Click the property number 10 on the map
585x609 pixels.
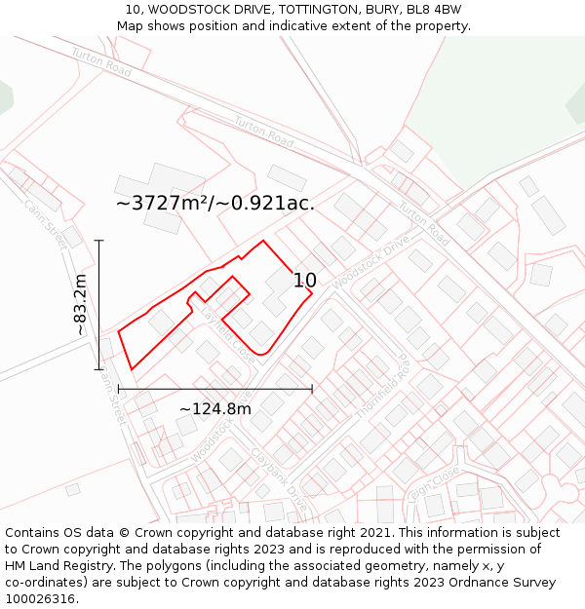[304, 281]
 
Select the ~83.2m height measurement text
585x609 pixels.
[81, 305]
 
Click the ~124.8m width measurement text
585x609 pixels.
[214, 408]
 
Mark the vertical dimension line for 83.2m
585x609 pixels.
[98, 304]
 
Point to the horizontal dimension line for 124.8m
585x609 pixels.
[214, 389]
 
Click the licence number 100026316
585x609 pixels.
[42, 599]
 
